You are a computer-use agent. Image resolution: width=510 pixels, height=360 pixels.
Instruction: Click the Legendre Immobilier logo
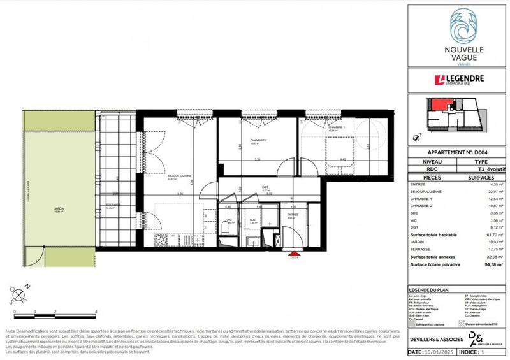(x=456, y=80)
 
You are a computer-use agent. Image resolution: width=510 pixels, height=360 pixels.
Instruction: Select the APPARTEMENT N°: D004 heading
(x=456, y=153)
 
